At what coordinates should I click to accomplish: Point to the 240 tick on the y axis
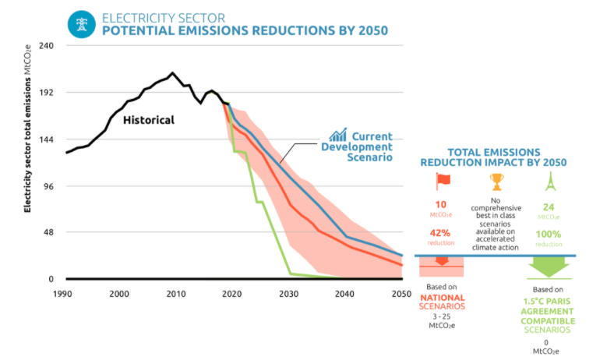pos(44,45)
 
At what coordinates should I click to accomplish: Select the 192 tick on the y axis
pos(44,92)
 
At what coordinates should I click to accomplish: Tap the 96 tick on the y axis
pos(46,186)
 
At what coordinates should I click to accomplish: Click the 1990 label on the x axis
pos(64,294)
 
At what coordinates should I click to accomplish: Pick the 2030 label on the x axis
pos(288,294)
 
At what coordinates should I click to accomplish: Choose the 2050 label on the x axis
pos(401,294)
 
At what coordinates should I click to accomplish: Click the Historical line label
pos(148,120)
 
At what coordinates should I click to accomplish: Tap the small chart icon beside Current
pos(337,135)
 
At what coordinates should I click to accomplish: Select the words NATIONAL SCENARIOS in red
pos(442,302)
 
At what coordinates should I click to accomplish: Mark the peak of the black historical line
pos(172,73)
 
